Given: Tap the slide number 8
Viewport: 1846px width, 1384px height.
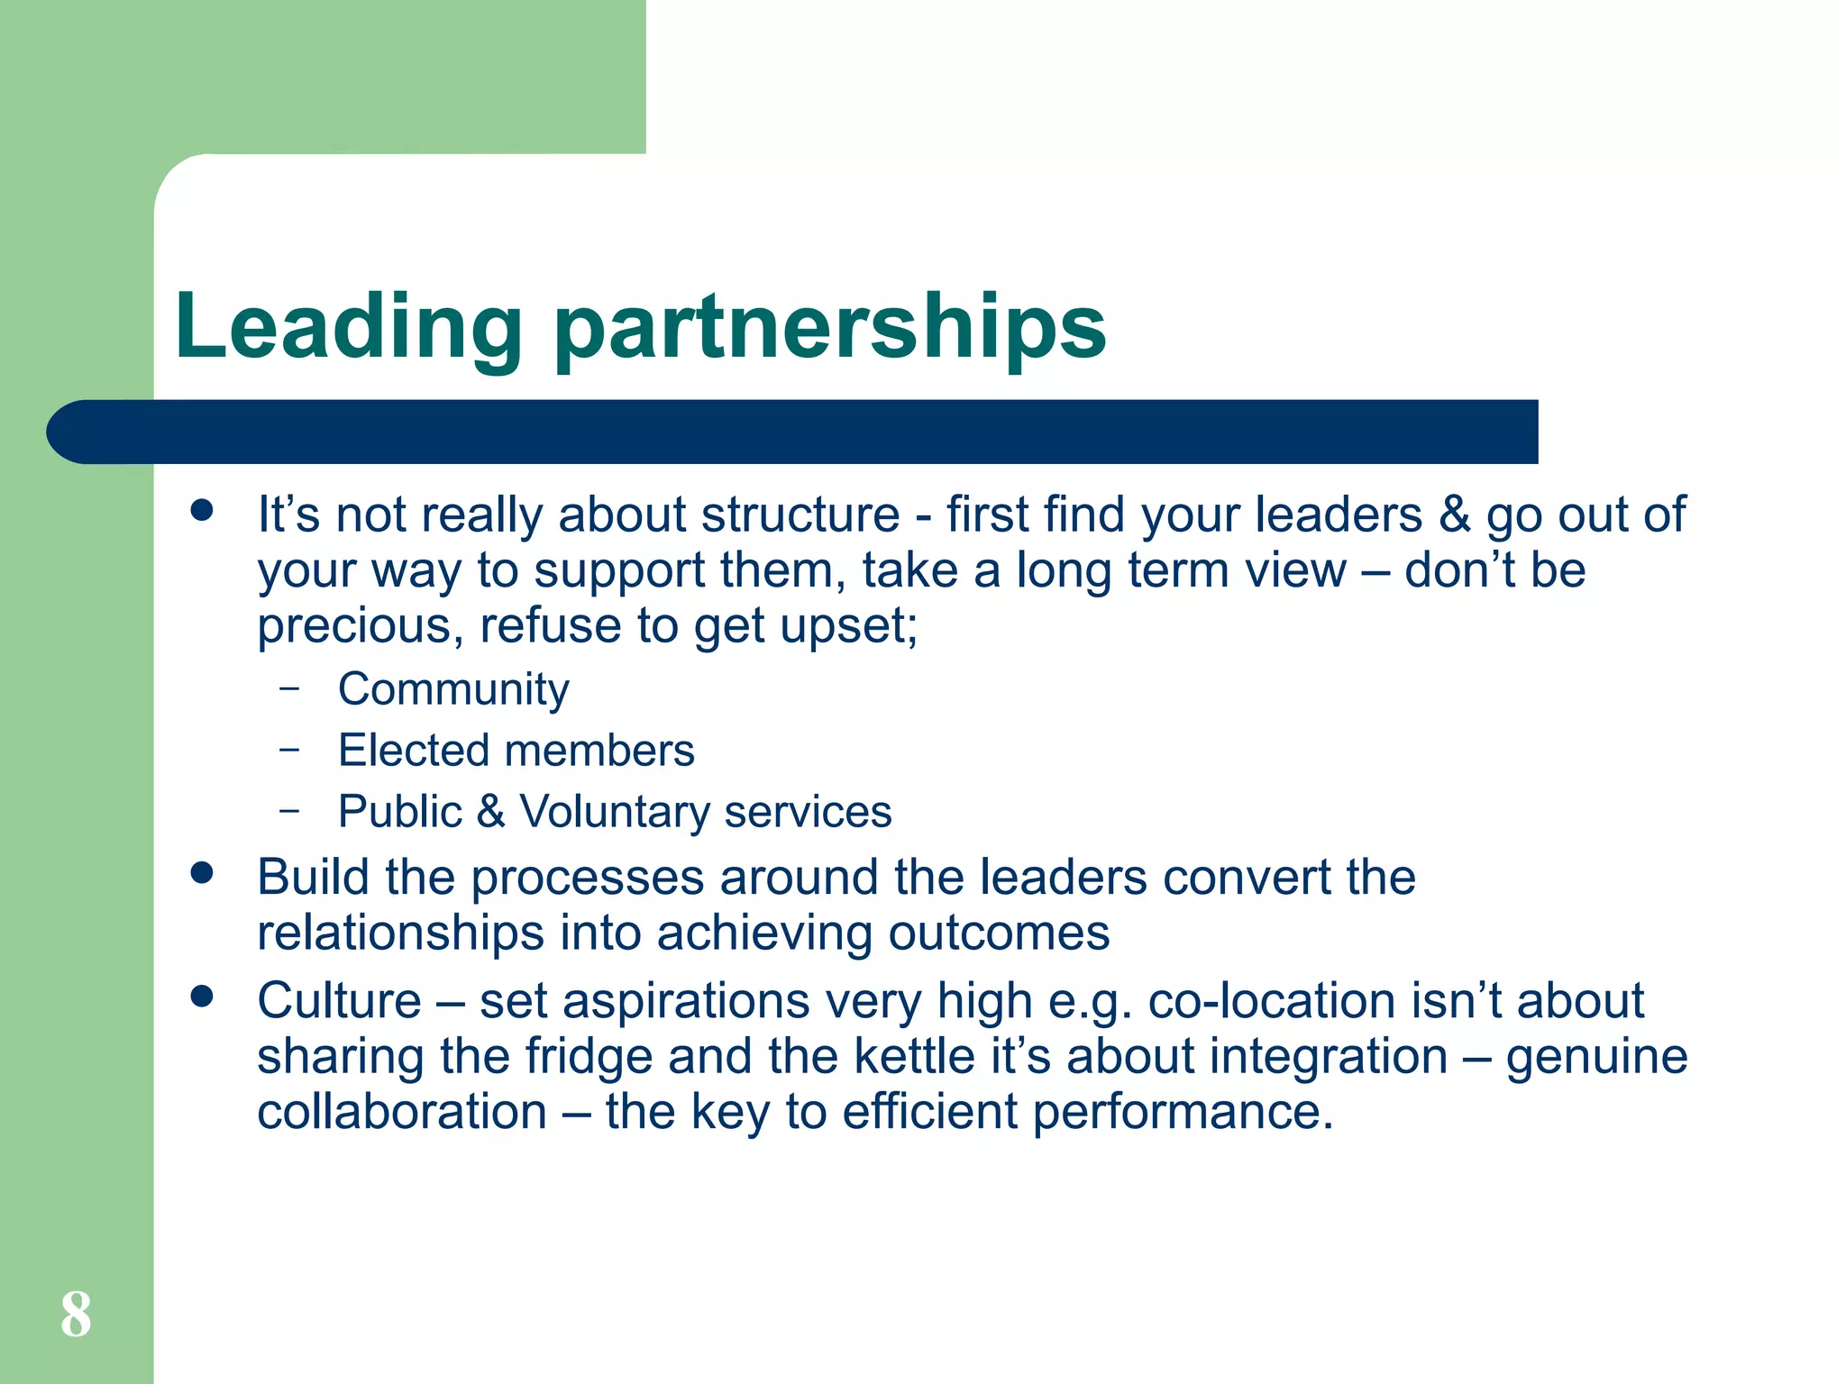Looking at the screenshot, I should click(76, 1315).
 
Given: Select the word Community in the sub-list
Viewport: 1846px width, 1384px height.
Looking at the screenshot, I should click(453, 690).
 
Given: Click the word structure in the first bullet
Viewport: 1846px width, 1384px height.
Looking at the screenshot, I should click(800, 515).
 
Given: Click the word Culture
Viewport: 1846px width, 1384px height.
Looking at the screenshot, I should click(339, 1001).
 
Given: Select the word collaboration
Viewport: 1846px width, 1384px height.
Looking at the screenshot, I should click(402, 1112).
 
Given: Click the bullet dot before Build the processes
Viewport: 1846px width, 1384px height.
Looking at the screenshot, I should click(202, 873).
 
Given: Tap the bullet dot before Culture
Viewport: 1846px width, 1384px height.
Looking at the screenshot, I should click(202, 997).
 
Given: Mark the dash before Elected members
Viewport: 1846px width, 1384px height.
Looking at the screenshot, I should click(289, 749).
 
